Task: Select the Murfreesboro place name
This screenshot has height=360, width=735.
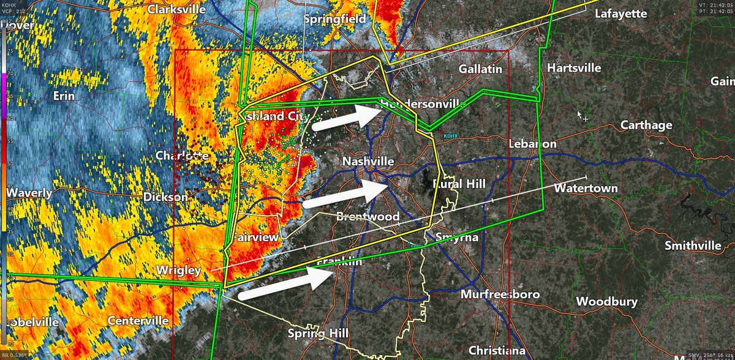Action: (x=500, y=294)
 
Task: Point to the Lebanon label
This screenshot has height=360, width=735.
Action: (x=532, y=144)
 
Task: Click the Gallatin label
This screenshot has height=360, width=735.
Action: (x=480, y=69)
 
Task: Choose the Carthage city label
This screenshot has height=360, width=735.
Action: (x=646, y=125)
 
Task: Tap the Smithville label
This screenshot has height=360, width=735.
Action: (x=694, y=246)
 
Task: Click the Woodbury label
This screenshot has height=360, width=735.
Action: (x=607, y=302)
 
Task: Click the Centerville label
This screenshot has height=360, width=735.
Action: (x=138, y=320)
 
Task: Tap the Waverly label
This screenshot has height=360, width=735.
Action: (x=29, y=193)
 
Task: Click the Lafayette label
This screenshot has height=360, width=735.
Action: (x=621, y=12)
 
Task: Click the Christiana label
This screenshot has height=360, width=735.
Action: (x=497, y=350)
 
